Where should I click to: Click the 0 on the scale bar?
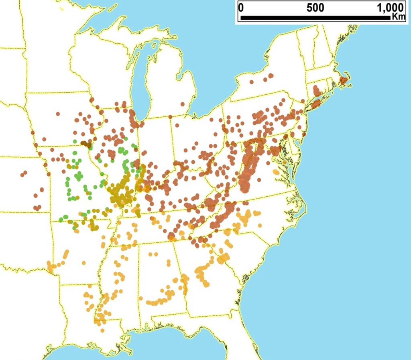241,8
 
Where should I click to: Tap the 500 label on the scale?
317,8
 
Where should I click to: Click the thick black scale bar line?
313,18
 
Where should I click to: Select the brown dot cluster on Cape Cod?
343,80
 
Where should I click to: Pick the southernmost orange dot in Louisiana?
102,330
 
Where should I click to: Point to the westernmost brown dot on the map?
22,175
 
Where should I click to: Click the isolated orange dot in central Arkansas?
83,263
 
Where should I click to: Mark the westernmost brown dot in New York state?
252,82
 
